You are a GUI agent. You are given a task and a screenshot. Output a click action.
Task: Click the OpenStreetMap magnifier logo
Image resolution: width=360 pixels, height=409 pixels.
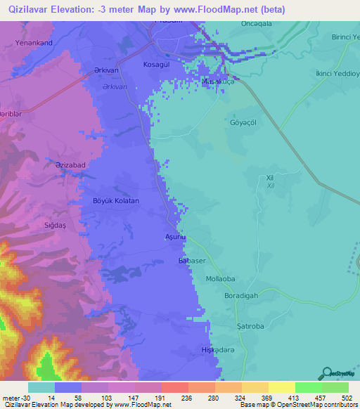point(326,373)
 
